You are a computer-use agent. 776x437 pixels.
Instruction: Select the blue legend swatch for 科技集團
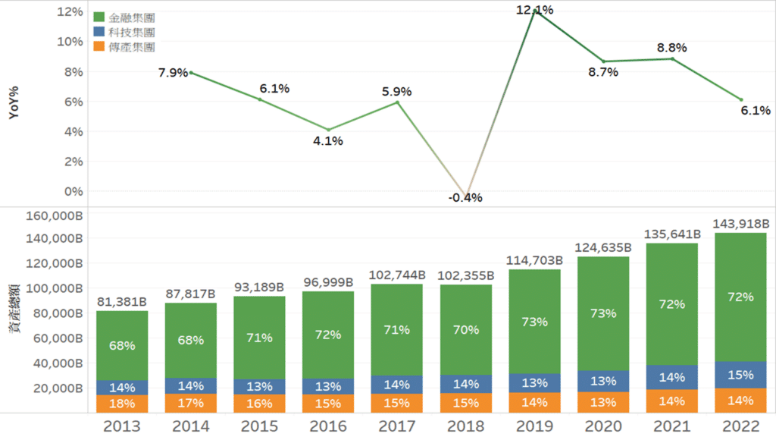[x=99, y=32]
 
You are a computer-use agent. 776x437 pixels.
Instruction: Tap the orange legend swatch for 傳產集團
[x=99, y=46]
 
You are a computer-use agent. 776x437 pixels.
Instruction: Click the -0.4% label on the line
[x=465, y=198]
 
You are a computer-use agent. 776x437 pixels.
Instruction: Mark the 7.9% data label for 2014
[x=173, y=73]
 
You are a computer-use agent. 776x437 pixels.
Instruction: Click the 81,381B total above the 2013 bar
[x=122, y=302]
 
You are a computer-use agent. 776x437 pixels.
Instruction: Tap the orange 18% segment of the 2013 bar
[x=122, y=404]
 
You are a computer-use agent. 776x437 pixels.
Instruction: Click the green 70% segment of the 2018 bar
[x=465, y=329]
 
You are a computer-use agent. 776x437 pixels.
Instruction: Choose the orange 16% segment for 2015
[x=259, y=404]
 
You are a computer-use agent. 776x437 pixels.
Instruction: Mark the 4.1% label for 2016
[x=328, y=141]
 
